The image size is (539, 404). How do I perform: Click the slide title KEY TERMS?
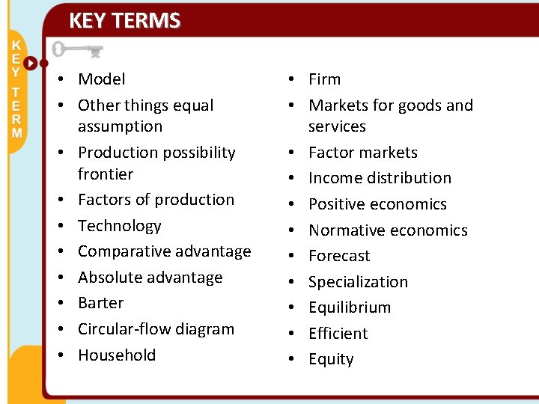click(x=124, y=20)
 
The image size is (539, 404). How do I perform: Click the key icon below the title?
click(x=77, y=51)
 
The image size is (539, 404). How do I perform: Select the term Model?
click(x=102, y=79)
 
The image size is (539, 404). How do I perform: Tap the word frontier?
click(x=106, y=174)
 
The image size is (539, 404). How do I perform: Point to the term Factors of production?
click(x=156, y=200)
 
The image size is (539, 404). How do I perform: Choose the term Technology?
click(x=120, y=226)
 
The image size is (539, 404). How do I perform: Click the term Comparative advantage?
click(x=165, y=251)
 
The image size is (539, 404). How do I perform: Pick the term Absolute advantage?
click(x=150, y=278)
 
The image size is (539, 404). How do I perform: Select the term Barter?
click(x=101, y=303)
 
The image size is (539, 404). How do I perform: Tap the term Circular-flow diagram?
click(x=156, y=329)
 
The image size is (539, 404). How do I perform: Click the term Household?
click(x=117, y=355)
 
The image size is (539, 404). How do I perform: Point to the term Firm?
click(x=324, y=79)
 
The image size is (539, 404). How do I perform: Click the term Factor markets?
click(x=363, y=153)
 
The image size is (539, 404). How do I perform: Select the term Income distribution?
click(x=380, y=178)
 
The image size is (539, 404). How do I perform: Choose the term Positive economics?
click(x=377, y=204)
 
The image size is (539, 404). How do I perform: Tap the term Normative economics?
click(x=388, y=230)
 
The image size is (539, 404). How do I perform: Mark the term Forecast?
click(x=339, y=256)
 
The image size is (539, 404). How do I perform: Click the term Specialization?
click(x=358, y=282)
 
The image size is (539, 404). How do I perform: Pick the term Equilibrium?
click(x=350, y=307)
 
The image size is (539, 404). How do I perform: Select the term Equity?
click(x=331, y=360)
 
